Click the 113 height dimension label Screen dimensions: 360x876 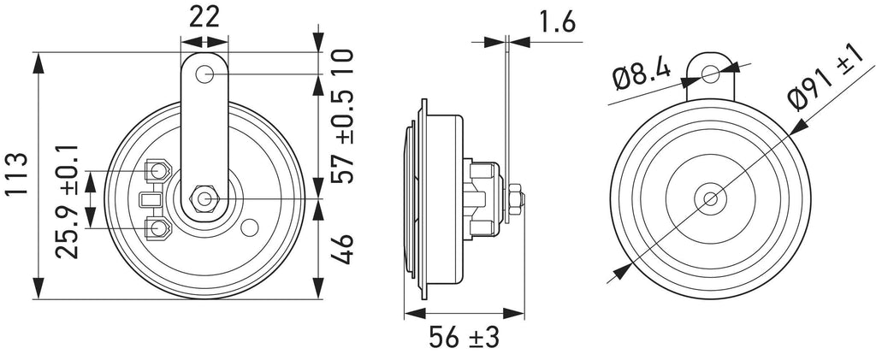(x=19, y=175)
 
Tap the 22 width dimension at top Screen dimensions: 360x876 (x=205, y=15)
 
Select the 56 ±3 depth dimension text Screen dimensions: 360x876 (x=465, y=336)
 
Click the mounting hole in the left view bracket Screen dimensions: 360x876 (x=204, y=74)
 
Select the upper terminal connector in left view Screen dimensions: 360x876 (x=159, y=171)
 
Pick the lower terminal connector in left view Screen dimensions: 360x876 (x=159, y=227)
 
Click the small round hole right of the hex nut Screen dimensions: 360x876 (x=249, y=227)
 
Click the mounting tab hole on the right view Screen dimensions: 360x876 (x=711, y=74)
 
